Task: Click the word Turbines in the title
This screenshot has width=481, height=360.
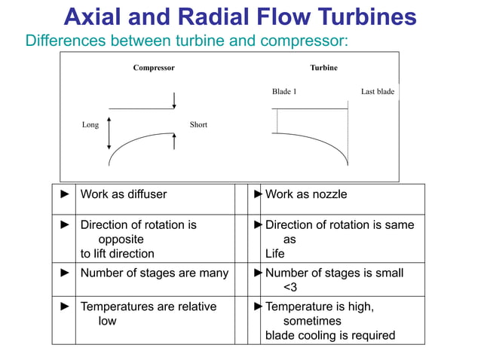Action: tap(356, 16)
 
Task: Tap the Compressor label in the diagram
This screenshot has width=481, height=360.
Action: tap(154, 68)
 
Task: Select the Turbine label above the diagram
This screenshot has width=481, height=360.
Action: tap(323, 68)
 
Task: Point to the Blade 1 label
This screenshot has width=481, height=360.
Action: tap(284, 92)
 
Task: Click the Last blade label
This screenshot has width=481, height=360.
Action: tap(377, 92)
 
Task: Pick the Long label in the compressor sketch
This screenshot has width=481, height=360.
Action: tap(90, 125)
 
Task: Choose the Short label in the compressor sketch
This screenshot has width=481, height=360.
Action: tap(198, 125)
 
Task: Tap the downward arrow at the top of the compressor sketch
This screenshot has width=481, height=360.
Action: tap(174, 100)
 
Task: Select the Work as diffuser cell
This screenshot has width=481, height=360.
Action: tap(124, 194)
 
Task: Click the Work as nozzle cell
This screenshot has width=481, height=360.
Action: tap(306, 194)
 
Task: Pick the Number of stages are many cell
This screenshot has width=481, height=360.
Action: tap(154, 273)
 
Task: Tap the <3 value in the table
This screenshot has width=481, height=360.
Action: tap(290, 287)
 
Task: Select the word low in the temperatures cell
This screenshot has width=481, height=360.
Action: tap(107, 321)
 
